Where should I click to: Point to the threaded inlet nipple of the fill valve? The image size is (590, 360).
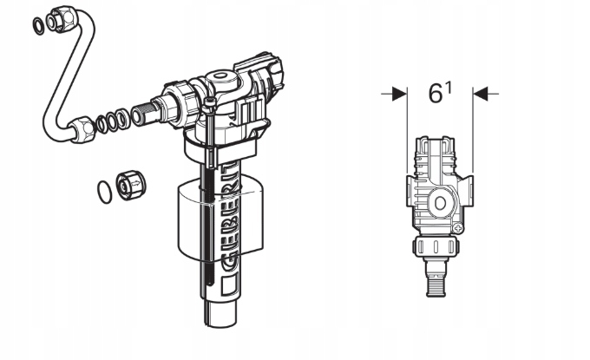coord(144,111)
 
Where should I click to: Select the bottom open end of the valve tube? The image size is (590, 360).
coord(220,323)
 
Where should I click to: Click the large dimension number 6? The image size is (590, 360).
coord(436,94)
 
